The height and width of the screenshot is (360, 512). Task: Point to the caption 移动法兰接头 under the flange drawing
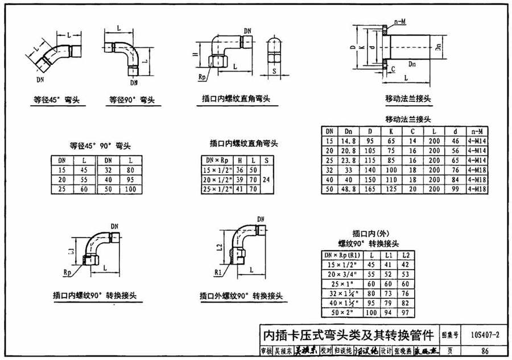(x=408, y=98)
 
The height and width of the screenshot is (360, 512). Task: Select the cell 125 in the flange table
(x=391, y=189)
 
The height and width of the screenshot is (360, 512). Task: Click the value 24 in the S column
(x=266, y=180)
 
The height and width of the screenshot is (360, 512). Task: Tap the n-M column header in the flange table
(x=477, y=131)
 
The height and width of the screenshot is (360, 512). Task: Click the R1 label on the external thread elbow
(x=218, y=272)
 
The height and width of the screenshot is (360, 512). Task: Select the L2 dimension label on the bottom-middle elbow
(x=220, y=245)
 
